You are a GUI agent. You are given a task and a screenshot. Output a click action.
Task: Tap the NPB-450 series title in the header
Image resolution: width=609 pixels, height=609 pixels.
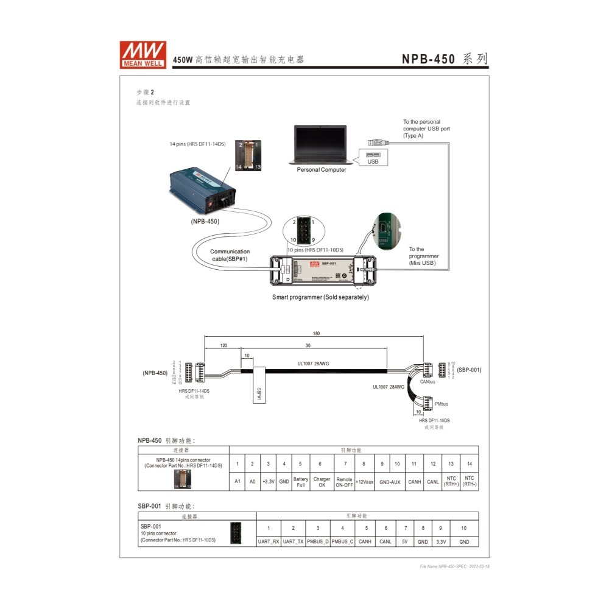(445, 59)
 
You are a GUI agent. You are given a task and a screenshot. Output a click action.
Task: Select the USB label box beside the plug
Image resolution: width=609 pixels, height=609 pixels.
(373, 161)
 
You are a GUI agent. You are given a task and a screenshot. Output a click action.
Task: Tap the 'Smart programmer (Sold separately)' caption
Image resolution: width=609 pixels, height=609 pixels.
(320, 297)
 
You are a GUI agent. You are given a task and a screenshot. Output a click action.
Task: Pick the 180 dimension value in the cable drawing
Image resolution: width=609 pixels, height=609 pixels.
(315, 334)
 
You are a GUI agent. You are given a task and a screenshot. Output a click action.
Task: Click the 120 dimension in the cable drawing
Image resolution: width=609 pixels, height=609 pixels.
(224, 345)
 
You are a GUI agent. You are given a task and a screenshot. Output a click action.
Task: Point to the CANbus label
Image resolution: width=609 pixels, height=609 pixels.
(428, 382)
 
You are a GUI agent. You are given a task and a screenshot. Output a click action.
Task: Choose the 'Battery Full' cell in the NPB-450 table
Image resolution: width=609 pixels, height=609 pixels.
(300, 482)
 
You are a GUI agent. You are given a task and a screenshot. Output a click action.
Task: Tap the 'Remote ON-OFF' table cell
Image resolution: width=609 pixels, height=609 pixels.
(345, 482)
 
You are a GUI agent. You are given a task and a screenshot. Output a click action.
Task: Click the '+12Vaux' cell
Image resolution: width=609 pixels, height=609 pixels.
(365, 482)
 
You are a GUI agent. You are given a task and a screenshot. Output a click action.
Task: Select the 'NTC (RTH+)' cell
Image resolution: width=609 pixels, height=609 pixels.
(451, 482)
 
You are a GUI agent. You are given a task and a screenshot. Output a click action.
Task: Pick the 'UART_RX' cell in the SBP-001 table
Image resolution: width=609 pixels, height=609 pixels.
(269, 541)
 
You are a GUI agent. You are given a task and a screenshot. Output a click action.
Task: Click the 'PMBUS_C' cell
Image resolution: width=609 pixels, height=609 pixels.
(342, 541)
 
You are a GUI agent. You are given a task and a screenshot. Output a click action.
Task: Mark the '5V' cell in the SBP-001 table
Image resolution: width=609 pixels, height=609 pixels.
(405, 541)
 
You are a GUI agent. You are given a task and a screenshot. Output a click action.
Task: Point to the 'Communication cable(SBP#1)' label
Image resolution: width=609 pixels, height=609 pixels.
(230, 255)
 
